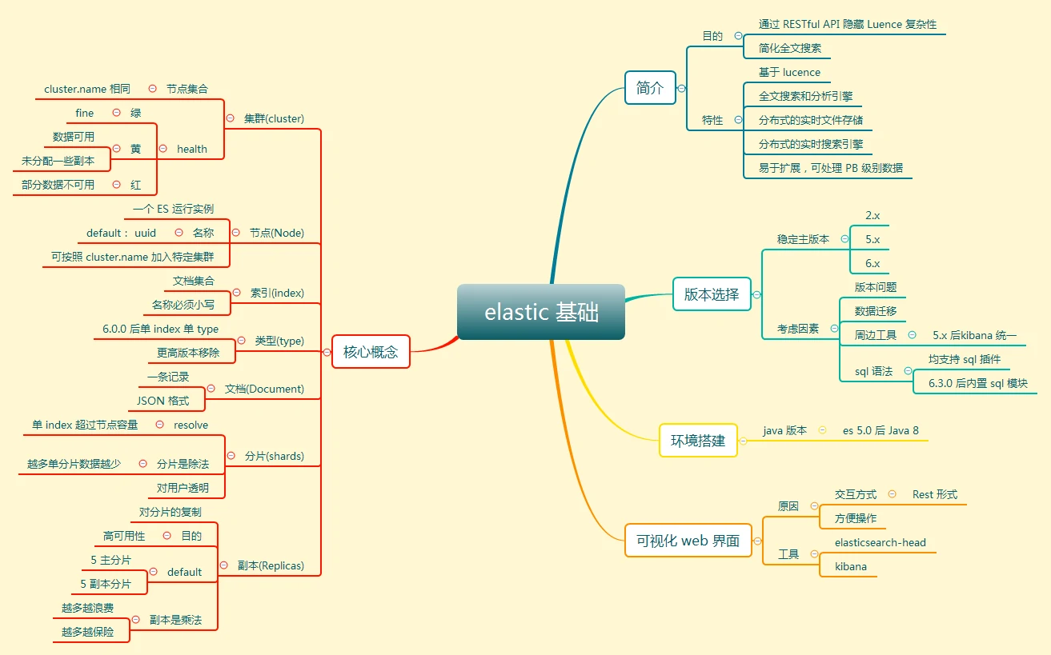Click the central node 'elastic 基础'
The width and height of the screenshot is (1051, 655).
541,312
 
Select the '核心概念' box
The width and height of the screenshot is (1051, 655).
371,351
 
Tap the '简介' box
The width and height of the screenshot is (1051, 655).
650,88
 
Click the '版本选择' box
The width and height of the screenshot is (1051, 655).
712,294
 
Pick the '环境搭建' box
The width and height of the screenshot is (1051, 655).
698,441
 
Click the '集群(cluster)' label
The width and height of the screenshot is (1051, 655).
275,118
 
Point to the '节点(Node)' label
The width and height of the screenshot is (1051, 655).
276,233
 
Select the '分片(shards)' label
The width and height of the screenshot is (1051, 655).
275,456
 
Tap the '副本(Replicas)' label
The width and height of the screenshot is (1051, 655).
271,565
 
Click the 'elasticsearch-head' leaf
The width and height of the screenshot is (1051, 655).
880,542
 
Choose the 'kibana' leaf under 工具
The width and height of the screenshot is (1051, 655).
850,566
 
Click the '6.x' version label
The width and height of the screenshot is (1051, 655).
872,263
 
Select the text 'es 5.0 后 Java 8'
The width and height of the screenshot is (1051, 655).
881,430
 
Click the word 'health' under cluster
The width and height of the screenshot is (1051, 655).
192,149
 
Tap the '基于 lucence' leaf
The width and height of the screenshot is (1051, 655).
789,72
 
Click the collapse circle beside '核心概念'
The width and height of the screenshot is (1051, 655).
326,352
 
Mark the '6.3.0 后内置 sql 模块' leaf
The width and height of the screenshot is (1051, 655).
977,383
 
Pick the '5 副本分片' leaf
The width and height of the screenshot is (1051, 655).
106,584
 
